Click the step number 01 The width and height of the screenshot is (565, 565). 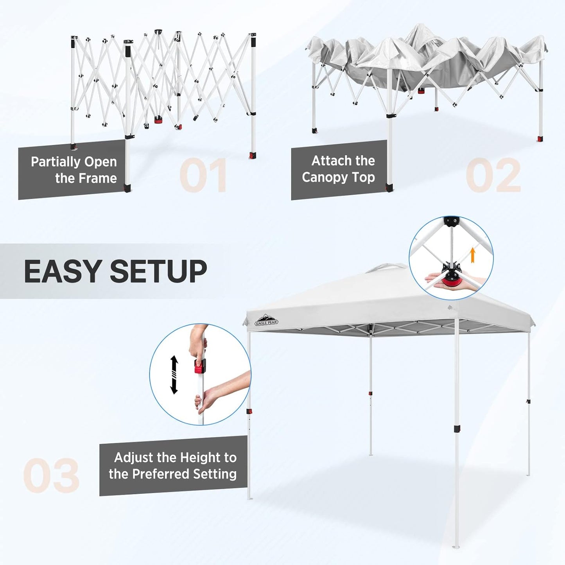[203, 175]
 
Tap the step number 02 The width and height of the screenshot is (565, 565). [493, 175]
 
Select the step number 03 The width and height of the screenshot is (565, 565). [51, 475]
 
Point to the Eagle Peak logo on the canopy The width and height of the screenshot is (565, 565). [267, 320]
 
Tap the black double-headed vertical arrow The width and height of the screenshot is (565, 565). [174, 375]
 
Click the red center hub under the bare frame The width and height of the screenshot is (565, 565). [158, 120]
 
